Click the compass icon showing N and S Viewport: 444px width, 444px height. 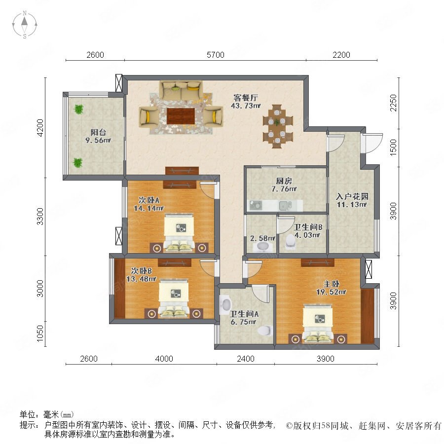[x=25, y=25]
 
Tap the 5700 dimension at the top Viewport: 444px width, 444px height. [x=215, y=55]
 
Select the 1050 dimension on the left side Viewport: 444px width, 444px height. [x=40, y=333]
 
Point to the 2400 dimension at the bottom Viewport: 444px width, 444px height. [x=246, y=359]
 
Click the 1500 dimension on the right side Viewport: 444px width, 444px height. [x=393, y=147]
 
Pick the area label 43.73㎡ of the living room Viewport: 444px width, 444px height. [x=246, y=106]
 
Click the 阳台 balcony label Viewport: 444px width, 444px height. [x=98, y=132]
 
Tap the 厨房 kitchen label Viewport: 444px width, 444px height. [x=284, y=181]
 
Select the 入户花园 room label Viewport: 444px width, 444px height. [x=352, y=196]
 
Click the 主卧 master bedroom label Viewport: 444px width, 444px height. [x=332, y=284]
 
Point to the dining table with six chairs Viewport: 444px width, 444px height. [x=277, y=126]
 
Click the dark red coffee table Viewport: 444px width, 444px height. [x=181, y=116]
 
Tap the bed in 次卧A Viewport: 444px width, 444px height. [x=179, y=232]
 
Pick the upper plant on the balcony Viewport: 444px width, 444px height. [x=79, y=109]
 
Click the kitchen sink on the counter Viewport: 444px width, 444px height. [x=284, y=206]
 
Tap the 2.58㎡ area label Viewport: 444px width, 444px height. [x=263, y=238]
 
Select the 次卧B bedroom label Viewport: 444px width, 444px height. [x=141, y=271]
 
